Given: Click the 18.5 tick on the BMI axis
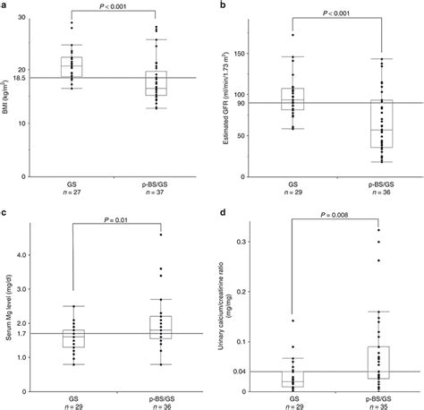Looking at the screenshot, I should coord(28,78).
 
